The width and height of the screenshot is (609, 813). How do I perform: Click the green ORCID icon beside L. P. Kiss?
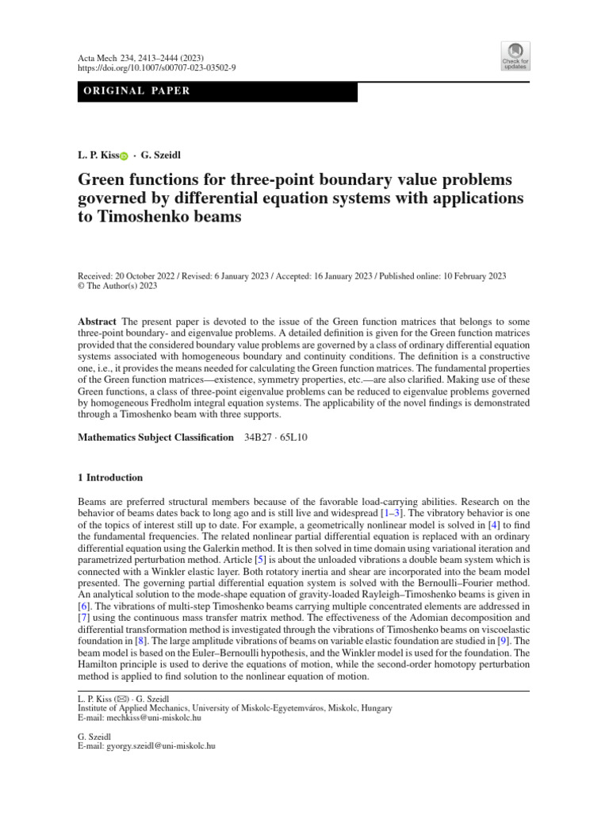point(124,156)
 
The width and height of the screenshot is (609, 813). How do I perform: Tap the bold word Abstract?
point(97,320)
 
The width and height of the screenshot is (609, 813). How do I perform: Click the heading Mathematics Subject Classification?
point(155,437)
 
